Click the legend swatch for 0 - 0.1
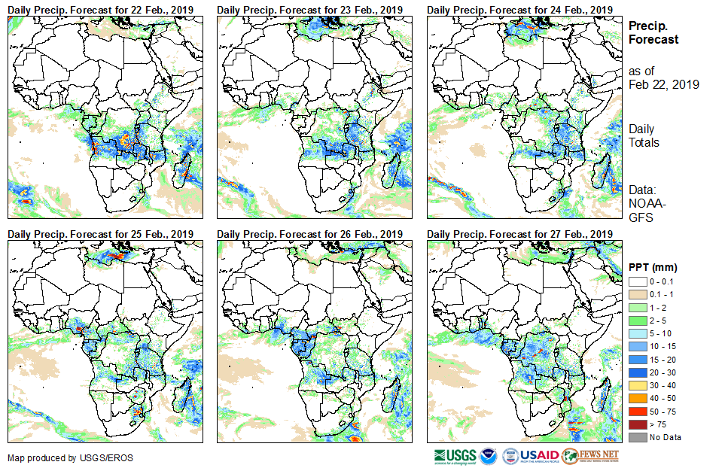pos(636,281)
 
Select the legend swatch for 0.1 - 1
pos(636,294)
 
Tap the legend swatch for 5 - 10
pos(636,333)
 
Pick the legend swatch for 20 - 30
pos(636,372)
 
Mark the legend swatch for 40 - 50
pos(636,398)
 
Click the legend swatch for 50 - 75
pos(636,411)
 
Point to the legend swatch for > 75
pos(636,424)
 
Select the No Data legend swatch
pos(636,437)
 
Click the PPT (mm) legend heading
pos(653,267)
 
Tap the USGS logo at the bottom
pos(455,456)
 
